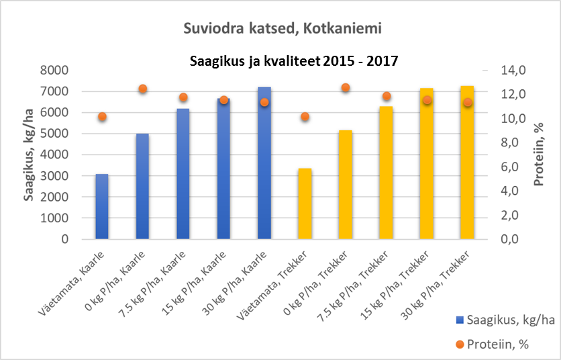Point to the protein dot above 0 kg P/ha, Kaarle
142,89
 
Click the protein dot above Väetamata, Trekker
305,116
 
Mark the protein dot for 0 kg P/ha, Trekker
346,87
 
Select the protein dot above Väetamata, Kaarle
102,116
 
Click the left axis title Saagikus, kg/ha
31,154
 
